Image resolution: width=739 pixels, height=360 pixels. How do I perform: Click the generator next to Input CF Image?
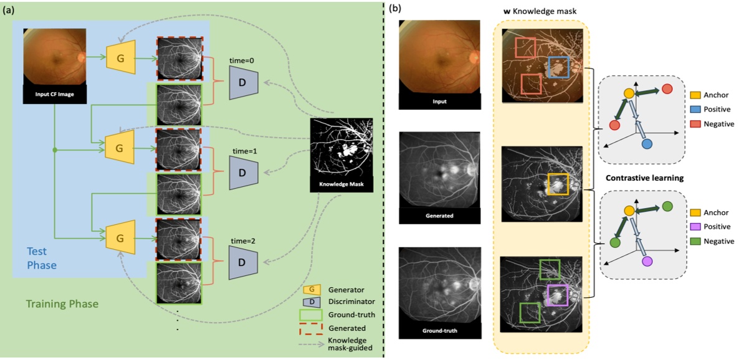121,58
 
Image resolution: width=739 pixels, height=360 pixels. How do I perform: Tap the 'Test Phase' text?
41,257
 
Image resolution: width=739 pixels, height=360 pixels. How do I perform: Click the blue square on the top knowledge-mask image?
559,67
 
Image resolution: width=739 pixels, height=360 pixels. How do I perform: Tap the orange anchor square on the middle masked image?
558,184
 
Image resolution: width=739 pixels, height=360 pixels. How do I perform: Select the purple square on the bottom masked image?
558,295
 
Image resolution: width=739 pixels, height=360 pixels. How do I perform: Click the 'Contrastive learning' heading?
645,178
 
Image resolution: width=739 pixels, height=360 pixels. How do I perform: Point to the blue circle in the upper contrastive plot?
647,143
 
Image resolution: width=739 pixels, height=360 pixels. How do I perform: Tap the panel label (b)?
395,9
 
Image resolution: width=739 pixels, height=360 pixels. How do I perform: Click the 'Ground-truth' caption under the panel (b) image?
439,330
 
